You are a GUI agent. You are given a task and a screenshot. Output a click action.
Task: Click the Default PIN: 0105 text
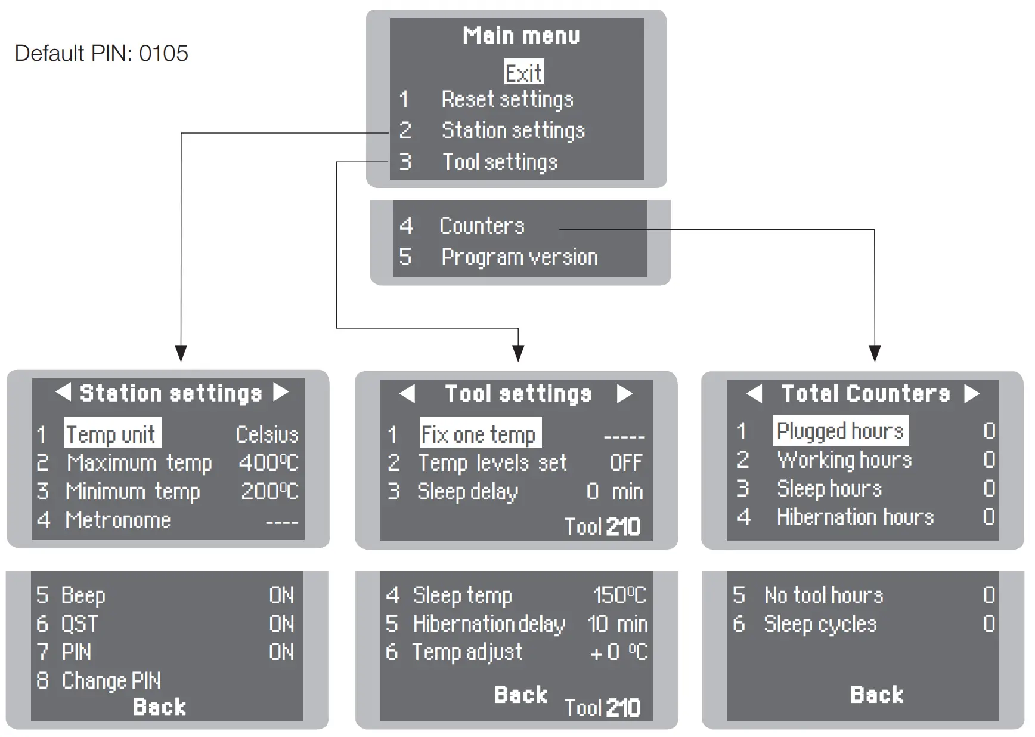pyautogui.click(x=101, y=54)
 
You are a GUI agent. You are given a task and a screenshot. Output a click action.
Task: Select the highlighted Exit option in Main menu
pyautogui.click(x=523, y=73)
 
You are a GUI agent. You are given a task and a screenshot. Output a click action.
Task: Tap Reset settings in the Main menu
pyautogui.click(x=507, y=100)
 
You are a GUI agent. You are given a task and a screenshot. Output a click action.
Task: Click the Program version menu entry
pyautogui.click(x=519, y=257)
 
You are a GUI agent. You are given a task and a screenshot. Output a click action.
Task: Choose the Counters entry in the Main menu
pyautogui.click(x=482, y=226)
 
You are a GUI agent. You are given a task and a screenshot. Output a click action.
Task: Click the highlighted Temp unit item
pyautogui.click(x=112, y=433)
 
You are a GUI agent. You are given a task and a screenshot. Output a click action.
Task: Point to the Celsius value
pyautogui.click(x=267, y=434)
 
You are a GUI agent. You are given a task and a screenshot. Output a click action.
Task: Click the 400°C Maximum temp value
pyautogui.click(x=268, y=463)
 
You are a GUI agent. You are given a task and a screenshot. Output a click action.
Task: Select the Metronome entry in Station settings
pyautogui.click(x=118, y=520)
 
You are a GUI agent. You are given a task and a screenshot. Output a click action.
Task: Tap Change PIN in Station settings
pyautogui.click(x=111, y=680)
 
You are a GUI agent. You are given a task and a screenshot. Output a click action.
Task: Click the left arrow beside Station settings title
pyautogui.click(x=63, y=392)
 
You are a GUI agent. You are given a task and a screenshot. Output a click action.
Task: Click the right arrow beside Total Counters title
pyautogui.click(x=972, y=393)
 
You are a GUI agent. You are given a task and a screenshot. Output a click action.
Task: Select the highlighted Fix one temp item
pyautogui.click(x=480, y=434)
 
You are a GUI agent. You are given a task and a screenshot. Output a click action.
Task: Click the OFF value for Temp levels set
pyautogui.click(x=625, y=463)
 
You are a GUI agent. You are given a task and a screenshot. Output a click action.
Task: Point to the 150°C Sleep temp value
pyautogui.click(x=619, y=595)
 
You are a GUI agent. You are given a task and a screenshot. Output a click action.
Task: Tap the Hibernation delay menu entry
pyautogui.click(x=489, y=624)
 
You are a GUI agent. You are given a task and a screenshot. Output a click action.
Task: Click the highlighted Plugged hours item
pyautogui.click(x=841, y=431)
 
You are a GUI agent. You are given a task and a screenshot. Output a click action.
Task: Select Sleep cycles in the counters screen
pyautogui.click(x=820, y=624)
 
